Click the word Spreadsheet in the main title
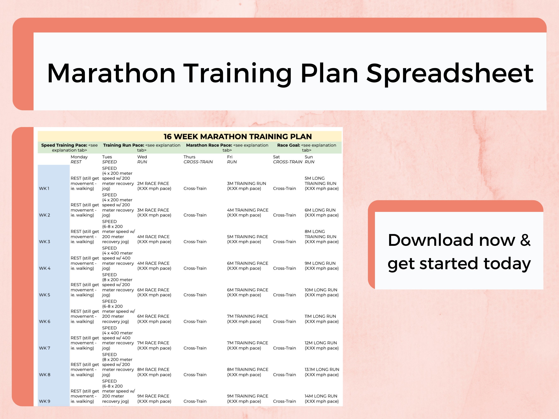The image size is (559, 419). coord(450,74)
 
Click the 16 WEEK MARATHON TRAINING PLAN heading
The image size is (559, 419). coord(237,137)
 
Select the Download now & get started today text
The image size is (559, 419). coord(459,252)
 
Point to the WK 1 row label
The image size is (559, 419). coord(44,188)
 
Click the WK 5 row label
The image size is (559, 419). coord(45,295)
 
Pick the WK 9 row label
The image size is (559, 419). coord(45,401)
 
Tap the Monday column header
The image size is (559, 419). coord(79,157)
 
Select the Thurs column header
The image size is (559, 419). coord(189,157)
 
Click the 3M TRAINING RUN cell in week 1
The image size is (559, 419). coord(246,186)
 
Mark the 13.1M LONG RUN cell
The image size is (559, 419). coord(322,372)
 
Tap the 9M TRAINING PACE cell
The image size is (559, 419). coord(247,399)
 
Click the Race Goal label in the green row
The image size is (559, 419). coord(288,145)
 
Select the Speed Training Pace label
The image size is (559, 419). coord(64,145)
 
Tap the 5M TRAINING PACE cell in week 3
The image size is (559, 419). coord(247,239)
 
